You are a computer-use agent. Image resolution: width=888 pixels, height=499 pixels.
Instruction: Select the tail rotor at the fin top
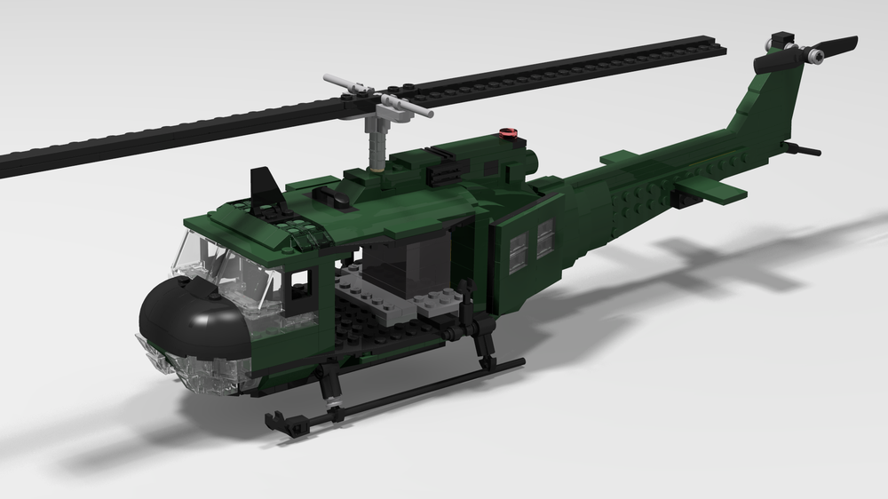click(x=807, y=54)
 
